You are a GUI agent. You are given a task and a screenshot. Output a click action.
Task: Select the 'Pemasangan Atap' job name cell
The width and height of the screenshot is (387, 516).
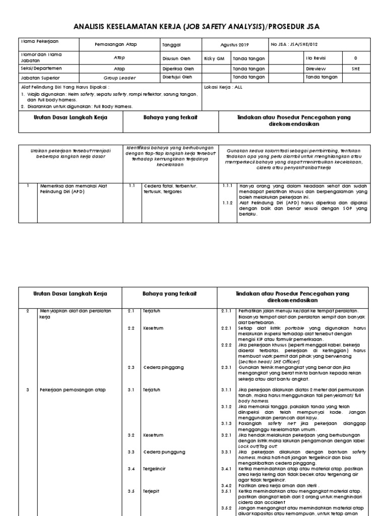click(x=115, y=45)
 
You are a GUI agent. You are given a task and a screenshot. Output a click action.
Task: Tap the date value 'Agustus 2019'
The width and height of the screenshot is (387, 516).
click(x=234, y=45)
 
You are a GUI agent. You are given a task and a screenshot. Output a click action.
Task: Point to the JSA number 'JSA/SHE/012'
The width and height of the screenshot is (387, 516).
click(x=305, y=45)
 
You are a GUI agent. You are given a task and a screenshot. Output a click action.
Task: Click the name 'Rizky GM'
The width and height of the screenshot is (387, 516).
click(x=214, y=58)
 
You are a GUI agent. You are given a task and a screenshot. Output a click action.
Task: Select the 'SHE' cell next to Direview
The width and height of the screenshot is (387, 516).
click(x=356, y=68)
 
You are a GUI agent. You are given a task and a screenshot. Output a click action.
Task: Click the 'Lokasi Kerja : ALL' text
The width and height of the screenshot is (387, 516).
click(x=223, y=87)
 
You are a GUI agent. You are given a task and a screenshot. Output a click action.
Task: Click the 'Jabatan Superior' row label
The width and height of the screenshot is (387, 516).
click(x=41, y=78)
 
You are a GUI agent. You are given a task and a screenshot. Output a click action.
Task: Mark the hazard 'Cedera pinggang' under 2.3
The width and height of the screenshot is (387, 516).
click(x=162, y=367)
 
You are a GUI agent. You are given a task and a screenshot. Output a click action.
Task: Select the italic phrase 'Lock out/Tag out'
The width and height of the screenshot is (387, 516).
click(x=257, y=446)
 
